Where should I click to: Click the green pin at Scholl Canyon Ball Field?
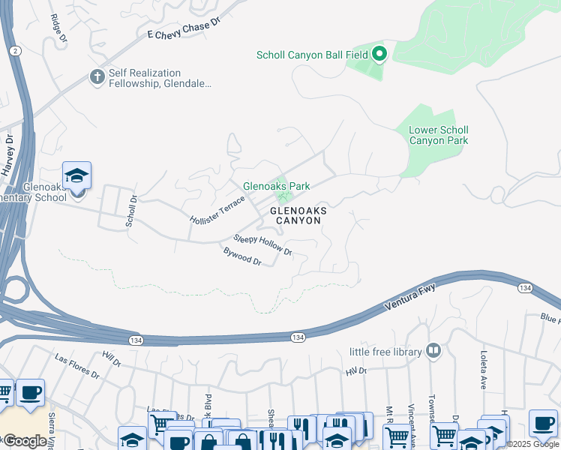tap(379, 54)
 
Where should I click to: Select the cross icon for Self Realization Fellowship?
tap(97, 76)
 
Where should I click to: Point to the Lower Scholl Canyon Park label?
tap(439, 135)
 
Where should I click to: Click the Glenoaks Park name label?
tap(276, 186)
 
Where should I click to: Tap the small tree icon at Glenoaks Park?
tap(284, 198)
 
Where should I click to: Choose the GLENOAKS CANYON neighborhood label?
tap(298, 216)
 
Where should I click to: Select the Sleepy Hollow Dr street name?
tap(262, 244)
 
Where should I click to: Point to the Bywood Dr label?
tap(241, 256)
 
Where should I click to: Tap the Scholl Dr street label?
tap(132, 211)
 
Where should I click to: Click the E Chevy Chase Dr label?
tap(183, 29)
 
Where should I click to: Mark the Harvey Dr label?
tap(8, 154)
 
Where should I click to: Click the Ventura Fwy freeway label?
tap(410, 297)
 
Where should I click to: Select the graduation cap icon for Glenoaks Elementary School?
tap(76, 176)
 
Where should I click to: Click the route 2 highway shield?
tap(15, 50)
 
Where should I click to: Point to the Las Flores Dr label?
tap(77, 365)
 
